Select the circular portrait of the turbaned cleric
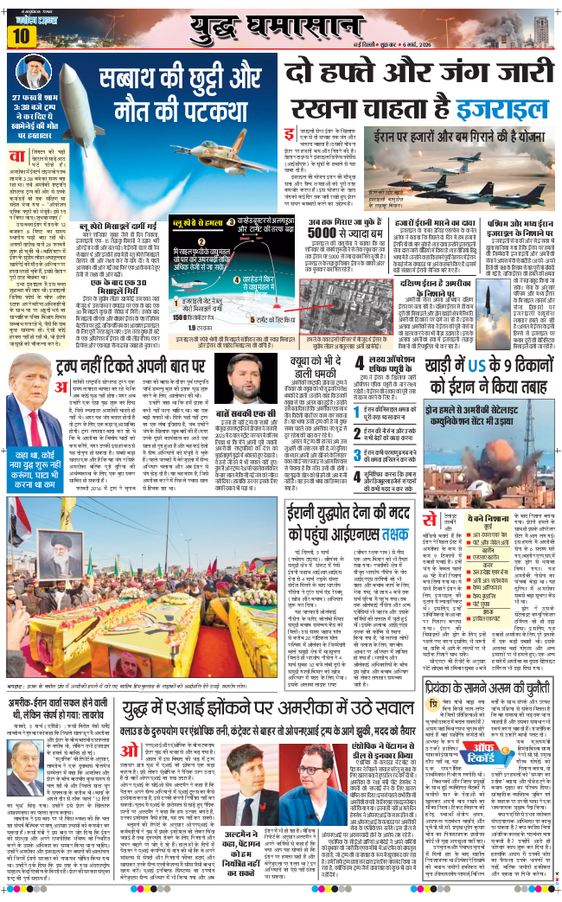click(x=34, y=75)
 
